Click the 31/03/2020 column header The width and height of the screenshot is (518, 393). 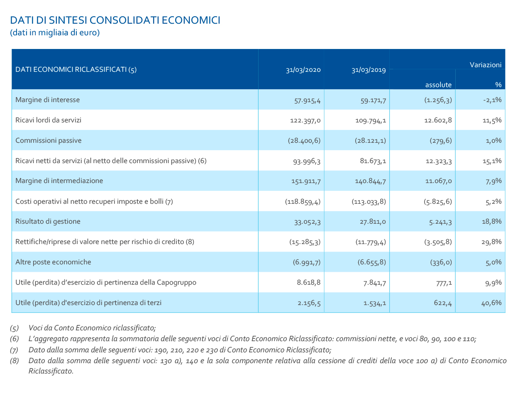[303, 70]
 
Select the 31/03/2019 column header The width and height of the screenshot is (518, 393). [369, 70]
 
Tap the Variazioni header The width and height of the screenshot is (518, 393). [485, 65]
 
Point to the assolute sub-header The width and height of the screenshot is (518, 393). [438, 85]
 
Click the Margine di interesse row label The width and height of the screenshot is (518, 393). [47, 100]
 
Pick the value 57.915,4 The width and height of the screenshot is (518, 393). [307, 100]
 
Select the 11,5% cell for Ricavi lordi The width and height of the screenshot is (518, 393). [492, 120]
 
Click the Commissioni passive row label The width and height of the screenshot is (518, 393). [48, 140]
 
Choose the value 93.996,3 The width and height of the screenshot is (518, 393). [307, 161]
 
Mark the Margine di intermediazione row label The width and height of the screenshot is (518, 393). [59, 181]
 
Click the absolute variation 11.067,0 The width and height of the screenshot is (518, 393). [438, 181]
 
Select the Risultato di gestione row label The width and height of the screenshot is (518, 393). [48, 221]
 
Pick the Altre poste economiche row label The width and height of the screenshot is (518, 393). [53, 262]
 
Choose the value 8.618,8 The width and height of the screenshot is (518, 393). [309, 283]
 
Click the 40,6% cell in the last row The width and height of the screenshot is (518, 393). [491, 303]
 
